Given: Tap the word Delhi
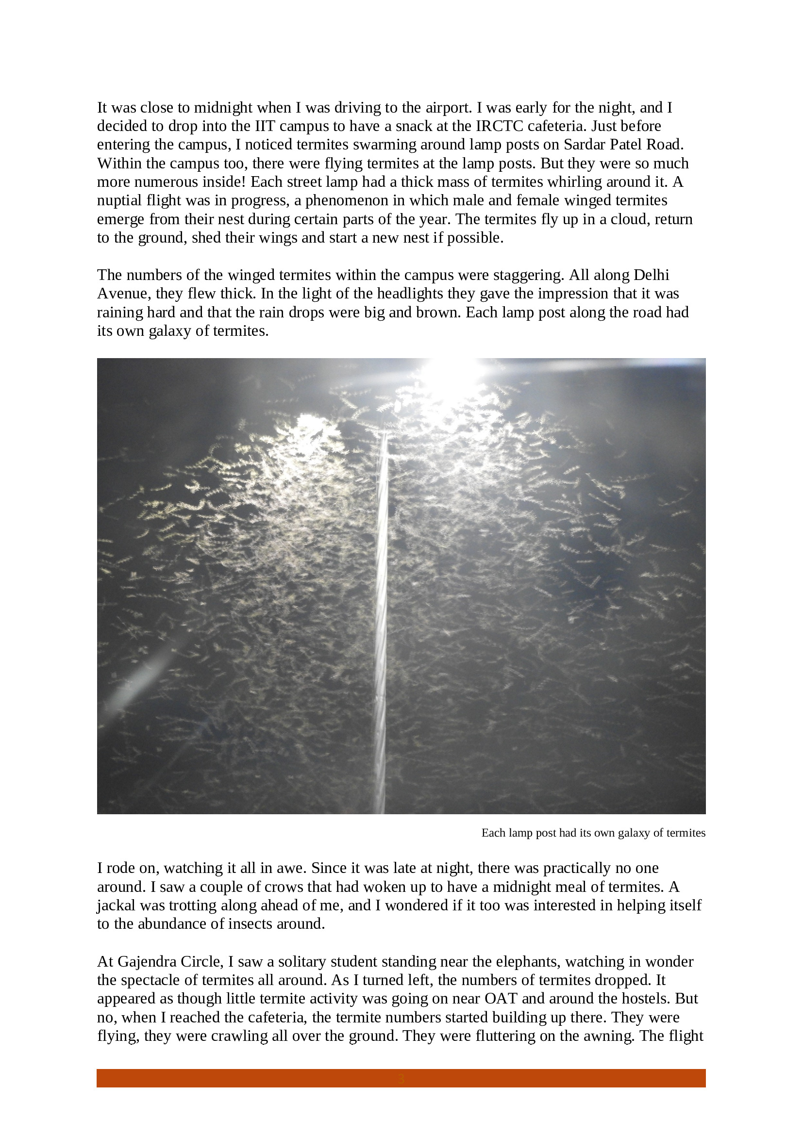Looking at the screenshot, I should [x=651, y=275].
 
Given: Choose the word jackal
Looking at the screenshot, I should [x=116, y=905].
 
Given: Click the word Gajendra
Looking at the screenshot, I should [x=149, y=961].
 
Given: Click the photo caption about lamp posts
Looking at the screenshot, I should [x=593, y=833].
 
